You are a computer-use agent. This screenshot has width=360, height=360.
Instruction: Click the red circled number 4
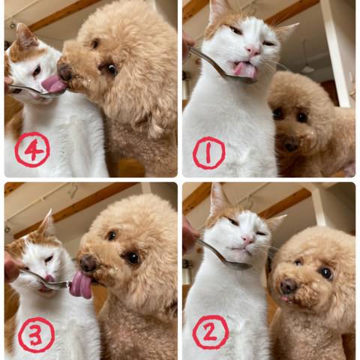[x=32, y=149]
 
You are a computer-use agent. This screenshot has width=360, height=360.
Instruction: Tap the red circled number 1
[x=209, y=153]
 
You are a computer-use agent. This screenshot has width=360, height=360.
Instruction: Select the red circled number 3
[x=37, y=335]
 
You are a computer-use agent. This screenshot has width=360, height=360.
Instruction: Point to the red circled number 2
[x=211, y=332]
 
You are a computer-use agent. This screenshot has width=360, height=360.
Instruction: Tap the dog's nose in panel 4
[x=65, y=73]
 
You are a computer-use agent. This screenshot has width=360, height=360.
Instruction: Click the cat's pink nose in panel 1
[x=253, y=51]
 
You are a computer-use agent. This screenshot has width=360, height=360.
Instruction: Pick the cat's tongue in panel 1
[x=245, y=69]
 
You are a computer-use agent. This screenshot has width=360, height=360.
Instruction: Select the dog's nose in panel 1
[x=290, y=145]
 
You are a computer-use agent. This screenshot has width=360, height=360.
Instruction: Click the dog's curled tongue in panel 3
[x=80, y=286]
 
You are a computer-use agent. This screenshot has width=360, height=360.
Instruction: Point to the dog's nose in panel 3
[x=88, y=263]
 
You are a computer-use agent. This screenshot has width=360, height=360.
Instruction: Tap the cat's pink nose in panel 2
[x=247, y=239]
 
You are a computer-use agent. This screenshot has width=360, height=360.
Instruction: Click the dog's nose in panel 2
[x=288, y=286]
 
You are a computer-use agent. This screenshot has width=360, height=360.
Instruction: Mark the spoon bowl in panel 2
[x=238, y=265]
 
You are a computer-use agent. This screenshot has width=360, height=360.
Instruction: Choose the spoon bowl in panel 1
[x=241, y=79]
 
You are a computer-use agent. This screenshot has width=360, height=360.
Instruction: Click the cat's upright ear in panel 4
[x=25, y=36]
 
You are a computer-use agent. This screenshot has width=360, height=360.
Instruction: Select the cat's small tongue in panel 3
[x=49, y=278]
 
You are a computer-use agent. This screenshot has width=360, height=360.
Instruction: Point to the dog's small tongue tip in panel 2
[x=284, y=298]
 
